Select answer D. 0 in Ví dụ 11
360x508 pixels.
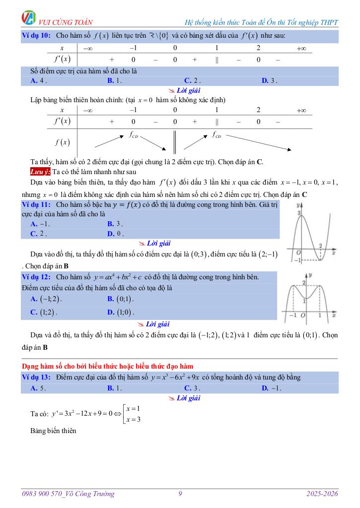115,233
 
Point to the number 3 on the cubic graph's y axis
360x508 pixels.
299,213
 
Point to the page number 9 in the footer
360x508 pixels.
180,494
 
